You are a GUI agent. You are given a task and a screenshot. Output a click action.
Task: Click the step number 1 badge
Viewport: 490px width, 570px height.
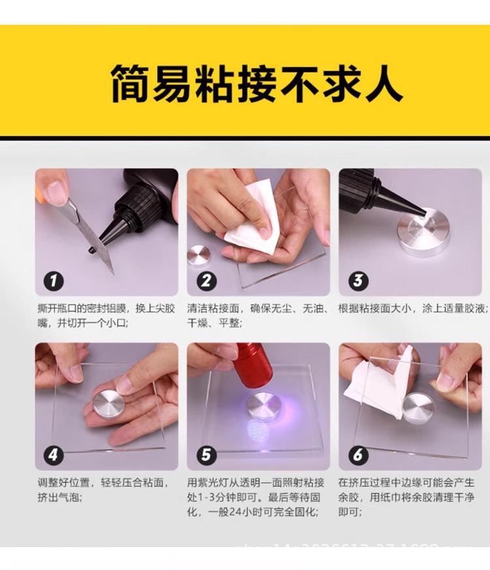(54, 281)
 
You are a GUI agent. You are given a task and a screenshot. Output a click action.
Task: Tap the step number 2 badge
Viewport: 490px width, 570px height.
(206, 281)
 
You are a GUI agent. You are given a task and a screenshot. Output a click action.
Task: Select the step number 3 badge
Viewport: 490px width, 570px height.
(357, 281)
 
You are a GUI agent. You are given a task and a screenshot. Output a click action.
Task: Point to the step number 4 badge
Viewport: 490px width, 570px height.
(54, 455)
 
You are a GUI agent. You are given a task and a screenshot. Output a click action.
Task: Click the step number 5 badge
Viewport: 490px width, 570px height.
(206, 455)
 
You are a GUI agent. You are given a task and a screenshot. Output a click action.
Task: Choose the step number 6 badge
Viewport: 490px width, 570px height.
(357, 455)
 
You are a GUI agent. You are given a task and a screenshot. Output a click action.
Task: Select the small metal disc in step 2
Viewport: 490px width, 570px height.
(198, 255)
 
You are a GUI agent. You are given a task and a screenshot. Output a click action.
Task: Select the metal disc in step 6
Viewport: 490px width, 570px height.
(419, 407)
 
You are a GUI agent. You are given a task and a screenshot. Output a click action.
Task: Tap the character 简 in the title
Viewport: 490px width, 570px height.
(131, 83)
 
